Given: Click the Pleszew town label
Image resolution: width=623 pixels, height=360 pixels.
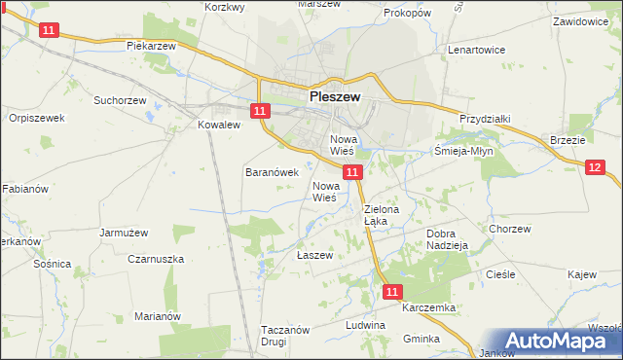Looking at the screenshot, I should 335,97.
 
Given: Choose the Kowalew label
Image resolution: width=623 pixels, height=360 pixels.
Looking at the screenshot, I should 218,125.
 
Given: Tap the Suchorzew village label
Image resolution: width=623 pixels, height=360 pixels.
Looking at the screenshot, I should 119,99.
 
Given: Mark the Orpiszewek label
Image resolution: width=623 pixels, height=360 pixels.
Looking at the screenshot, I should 35,118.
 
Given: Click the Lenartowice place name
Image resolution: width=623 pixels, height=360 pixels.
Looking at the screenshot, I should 473,48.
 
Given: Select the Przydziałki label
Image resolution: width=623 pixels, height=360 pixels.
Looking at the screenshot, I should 485,118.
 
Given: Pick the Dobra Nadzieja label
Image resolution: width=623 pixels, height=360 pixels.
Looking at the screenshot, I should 449,239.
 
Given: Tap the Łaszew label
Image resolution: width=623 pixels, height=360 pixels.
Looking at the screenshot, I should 314,255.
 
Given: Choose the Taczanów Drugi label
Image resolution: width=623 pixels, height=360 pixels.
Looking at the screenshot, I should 285,336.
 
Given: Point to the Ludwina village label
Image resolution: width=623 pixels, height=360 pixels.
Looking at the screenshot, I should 392,324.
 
